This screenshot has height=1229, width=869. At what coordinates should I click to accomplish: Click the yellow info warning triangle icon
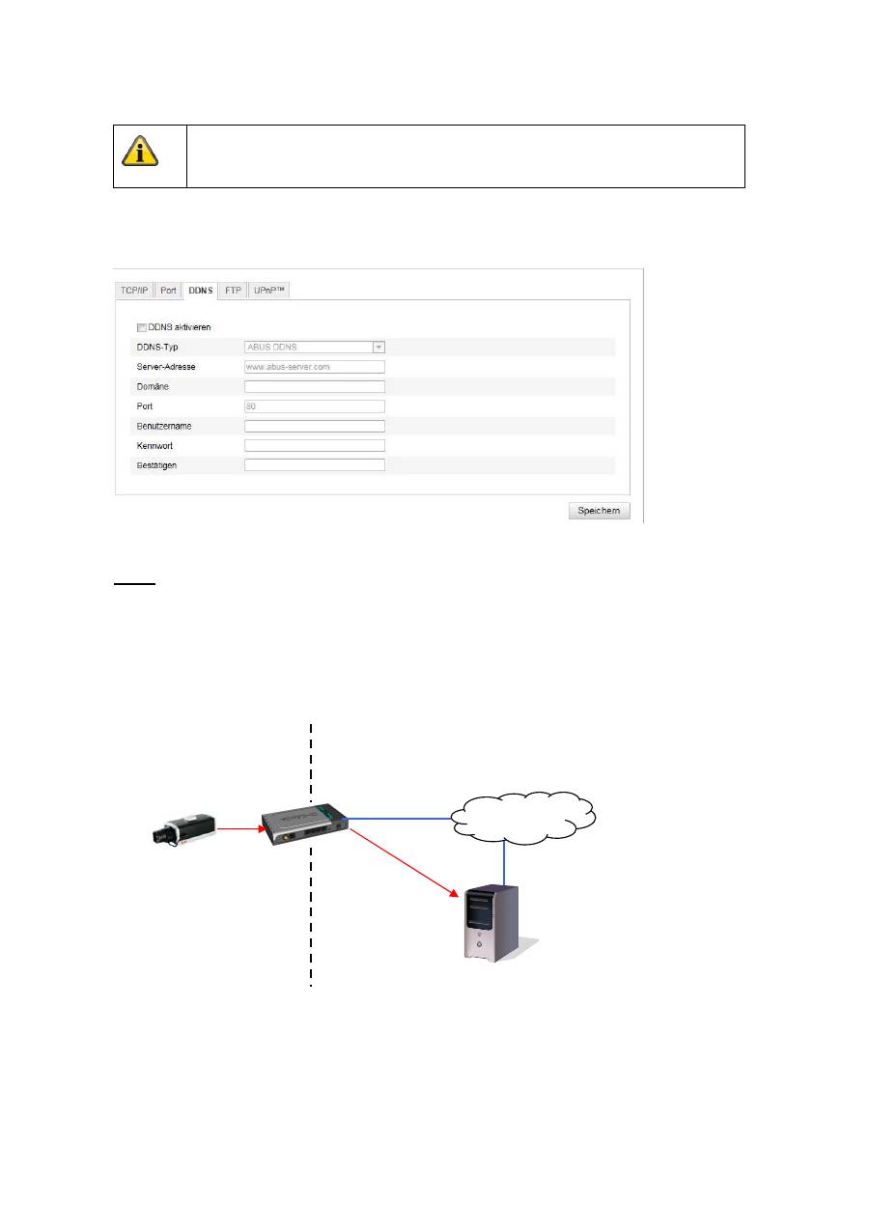[140, 151]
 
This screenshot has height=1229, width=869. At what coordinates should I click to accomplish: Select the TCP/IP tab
[134, 291]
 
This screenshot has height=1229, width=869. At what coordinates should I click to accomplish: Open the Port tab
[168, 291]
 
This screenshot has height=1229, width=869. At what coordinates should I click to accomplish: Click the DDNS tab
[200, 291]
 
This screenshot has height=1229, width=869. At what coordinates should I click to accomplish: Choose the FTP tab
[233, 291]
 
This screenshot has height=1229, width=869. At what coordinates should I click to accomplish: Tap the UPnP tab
[268, 291]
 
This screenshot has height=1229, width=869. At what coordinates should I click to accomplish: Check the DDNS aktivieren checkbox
[141, 327]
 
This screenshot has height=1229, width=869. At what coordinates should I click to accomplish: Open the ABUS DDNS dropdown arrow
[378, 348]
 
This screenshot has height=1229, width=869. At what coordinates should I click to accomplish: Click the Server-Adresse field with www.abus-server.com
[315, 367]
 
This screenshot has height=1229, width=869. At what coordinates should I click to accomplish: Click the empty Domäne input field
[315, 387]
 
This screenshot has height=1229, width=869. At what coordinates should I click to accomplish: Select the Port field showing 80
[315, 406]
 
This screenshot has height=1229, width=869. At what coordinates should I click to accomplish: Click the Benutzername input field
[315, 427]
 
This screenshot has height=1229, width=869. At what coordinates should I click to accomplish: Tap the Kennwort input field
[315, 445]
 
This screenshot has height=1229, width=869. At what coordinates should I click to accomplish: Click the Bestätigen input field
[315, 465]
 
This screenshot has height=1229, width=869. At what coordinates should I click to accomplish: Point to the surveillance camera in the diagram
[183, 830]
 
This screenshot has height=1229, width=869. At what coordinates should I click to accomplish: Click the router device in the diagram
[305, 824]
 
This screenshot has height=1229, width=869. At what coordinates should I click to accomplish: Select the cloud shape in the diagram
[523, 818]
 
